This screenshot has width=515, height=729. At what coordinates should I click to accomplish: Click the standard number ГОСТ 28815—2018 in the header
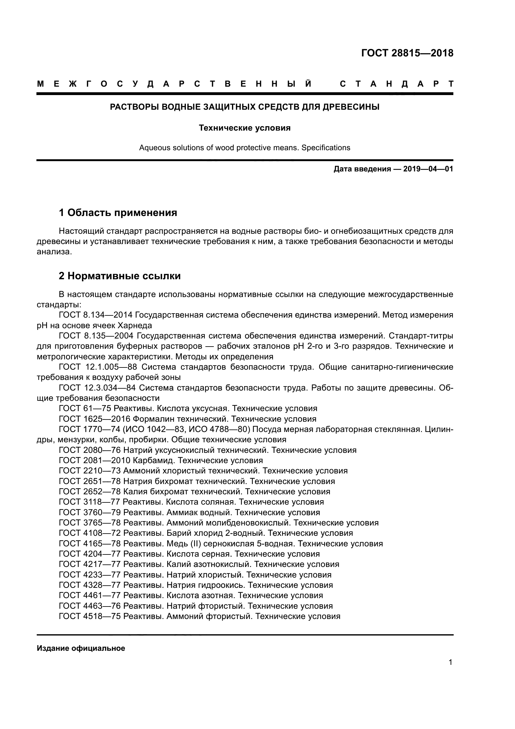point(407,53)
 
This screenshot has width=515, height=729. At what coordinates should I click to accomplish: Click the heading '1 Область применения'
point(118,213)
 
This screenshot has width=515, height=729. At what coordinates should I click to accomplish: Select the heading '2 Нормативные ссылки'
point(120,276)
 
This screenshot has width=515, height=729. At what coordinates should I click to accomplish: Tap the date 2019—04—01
point(428,169)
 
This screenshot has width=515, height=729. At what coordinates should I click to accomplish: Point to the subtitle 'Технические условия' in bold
point(244,128)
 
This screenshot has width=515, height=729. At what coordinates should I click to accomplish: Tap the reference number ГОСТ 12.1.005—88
point(98,367)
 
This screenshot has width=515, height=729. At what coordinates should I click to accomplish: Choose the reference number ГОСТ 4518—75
point(90,616)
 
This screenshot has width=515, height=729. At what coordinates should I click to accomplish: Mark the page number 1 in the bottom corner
point(450,662)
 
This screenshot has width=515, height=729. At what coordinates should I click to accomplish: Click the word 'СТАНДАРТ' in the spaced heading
point(396,84)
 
